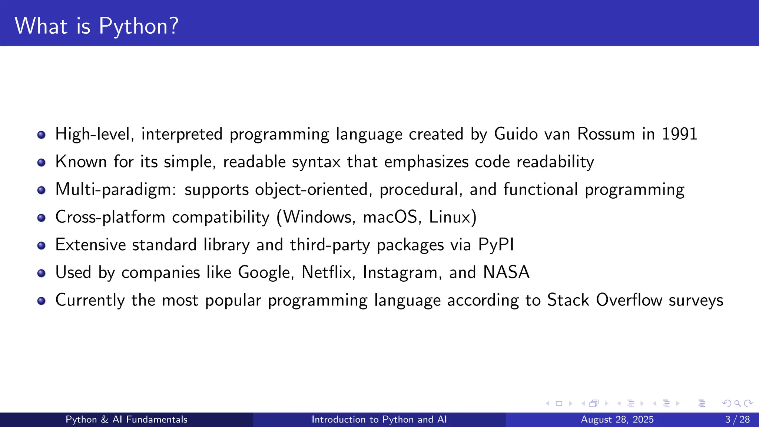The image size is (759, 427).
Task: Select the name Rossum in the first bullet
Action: pyautogui.click(x=606, y=134)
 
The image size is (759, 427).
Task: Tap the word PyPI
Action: pyautogui.click(x=496, y=245)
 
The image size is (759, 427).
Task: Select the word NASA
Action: pyautogui.click(x=506, y=272)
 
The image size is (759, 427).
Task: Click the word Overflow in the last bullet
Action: pyautogui.click(x=629, y=300)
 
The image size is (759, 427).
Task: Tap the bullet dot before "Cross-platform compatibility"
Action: pyautogui.click(x=42, y=218)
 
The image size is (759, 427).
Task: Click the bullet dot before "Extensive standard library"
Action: pyautogui.click(x=42, y=245)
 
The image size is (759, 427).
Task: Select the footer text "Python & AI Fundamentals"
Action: pyautogui.click(x=126, y=420)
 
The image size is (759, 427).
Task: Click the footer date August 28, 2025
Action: pyautogui.click(x=617, y=420)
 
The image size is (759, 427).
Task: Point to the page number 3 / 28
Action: pyautogui.click(x=738, y=420)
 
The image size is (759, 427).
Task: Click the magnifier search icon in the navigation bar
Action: pyautogui.click(x=738, y=403)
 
